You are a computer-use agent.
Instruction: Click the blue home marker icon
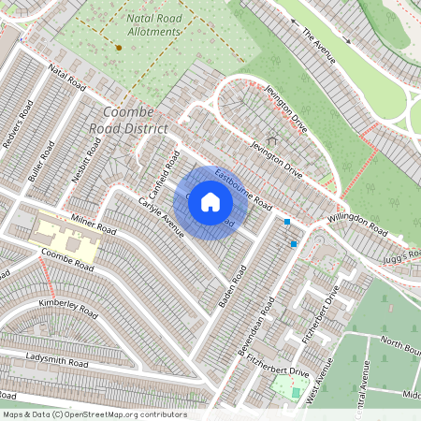tap(210, 202)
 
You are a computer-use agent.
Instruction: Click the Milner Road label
tap(93, 225)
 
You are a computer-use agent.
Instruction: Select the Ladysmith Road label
tap(57, 360)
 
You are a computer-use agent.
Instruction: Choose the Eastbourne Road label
tap(242, 189)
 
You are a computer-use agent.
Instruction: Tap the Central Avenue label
tap(365, 384)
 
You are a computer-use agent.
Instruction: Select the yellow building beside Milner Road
tap(65, 240)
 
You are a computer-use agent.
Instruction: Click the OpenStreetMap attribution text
tap(94, 414)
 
